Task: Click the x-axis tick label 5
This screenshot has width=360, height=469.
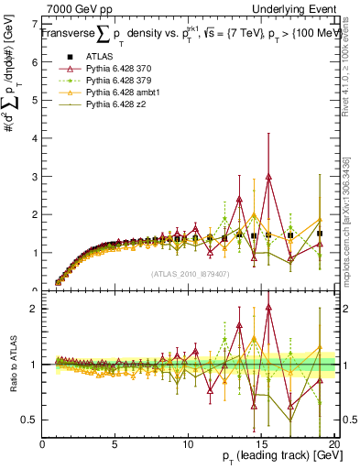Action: pos(115,444)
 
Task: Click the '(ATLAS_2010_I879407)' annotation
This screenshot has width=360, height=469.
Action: pos(190,273)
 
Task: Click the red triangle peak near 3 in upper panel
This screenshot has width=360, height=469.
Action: pos(268,177)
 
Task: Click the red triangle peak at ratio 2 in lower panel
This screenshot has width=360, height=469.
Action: pos(268,308)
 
